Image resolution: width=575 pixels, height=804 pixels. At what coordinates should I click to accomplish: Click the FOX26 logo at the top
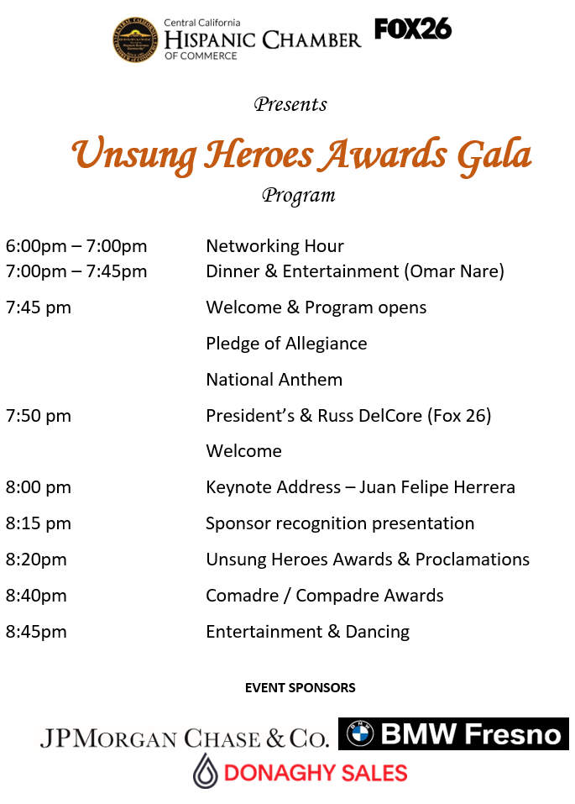coord(413,29)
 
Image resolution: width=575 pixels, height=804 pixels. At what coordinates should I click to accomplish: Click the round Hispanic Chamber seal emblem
coord(135,39)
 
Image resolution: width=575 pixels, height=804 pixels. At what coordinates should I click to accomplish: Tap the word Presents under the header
coord(290,105)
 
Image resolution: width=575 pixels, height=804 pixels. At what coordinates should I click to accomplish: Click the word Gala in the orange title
coord(494,155)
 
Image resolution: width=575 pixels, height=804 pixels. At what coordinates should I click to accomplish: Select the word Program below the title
coord(299,196)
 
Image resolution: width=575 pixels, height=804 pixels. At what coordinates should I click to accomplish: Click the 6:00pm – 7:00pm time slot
coord(76,246)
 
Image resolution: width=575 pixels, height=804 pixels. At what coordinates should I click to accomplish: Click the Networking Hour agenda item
coord(274,246)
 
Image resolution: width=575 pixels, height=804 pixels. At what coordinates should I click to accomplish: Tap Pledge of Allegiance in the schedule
coord(286,344)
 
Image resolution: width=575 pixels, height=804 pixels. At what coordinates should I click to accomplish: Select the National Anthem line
coord(274,380)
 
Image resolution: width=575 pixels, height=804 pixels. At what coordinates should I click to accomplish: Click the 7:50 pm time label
coord(39,416)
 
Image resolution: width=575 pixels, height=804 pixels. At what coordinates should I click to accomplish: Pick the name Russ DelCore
coord(370,416)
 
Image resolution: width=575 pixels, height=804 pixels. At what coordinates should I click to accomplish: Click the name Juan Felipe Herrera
coord(437,487)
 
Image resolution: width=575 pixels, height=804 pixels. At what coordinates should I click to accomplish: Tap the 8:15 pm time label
coord(39,523)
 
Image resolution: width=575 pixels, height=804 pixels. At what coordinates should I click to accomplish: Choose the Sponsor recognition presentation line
coord(340,523)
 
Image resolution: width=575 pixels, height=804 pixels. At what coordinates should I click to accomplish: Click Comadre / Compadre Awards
coord(325,596)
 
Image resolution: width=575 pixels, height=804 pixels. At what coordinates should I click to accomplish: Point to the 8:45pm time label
coord(36,632)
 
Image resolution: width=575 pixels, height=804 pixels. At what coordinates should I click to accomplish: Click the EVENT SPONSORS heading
coord(301,688)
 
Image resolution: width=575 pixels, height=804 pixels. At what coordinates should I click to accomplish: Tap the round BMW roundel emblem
coord(361,734)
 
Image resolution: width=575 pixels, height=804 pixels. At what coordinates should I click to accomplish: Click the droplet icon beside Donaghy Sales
coord(206,770)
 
